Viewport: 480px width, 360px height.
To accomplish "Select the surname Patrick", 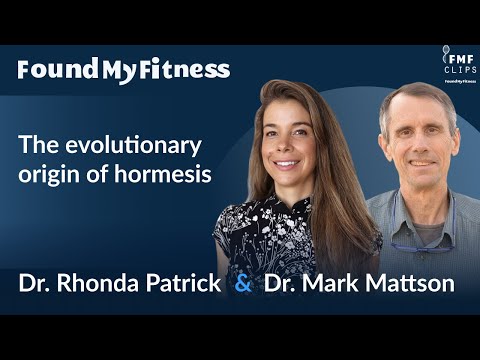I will coord(181,283).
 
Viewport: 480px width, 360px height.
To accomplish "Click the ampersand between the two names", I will coord(243,283).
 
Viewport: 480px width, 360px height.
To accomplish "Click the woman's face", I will coord(286,140).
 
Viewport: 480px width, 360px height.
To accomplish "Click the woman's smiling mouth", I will coord(286,163).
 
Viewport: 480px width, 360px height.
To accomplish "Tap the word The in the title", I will coord(35,144).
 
